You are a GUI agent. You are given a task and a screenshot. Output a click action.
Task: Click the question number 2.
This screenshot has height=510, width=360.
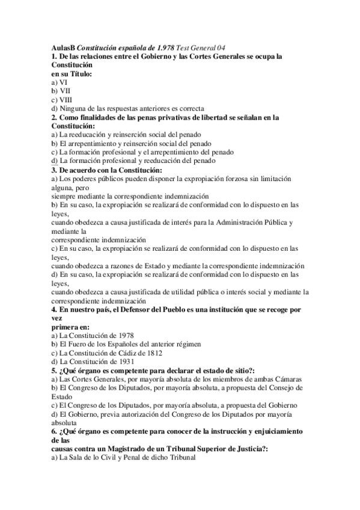pos(54,117)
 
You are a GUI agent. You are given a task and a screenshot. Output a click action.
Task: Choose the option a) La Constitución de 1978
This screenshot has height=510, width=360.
pos(93,335)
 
